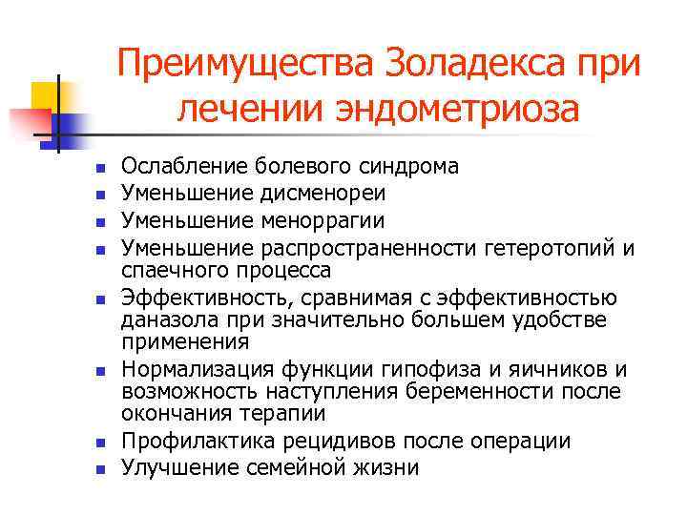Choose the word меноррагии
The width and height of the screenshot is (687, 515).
click(318, 221)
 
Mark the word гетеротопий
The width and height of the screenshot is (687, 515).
click(548, 249)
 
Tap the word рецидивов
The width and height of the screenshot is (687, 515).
click(322, 441)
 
